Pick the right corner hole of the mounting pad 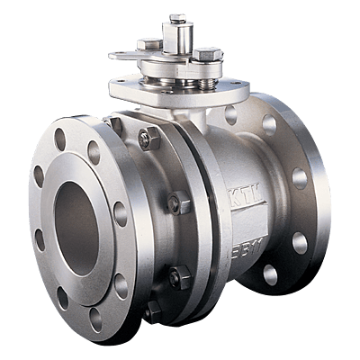[x=237, y=90]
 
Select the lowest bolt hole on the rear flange [x=270, y=274]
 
